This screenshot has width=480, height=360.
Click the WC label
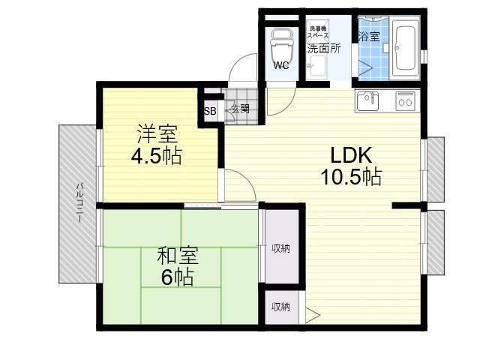tap(281, 65)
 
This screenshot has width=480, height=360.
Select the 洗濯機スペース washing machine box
tap(318, 32)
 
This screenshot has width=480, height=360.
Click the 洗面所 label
tap(324, 49)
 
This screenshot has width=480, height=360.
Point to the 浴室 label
tap(369, 37)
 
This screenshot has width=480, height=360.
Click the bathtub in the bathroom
tap(406, 48)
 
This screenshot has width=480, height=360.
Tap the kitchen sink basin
tap(367, 100)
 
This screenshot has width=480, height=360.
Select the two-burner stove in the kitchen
tap(405, 100)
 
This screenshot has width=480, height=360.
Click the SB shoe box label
tap(210, 111)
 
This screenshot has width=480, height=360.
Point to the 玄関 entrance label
tap(240, 109)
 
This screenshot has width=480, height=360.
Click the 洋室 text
tap(157, 133)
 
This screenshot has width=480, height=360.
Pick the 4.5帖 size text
tap(157, 156)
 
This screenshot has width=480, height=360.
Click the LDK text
tap(351, 155)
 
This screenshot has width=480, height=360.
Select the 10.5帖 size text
tap(351, 177)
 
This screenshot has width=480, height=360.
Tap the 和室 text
tap(178, 256)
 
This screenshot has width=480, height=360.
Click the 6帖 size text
tap(177, 277)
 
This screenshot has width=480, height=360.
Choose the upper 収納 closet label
tap(280, 248)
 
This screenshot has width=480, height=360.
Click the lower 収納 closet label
tap(280, 307)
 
